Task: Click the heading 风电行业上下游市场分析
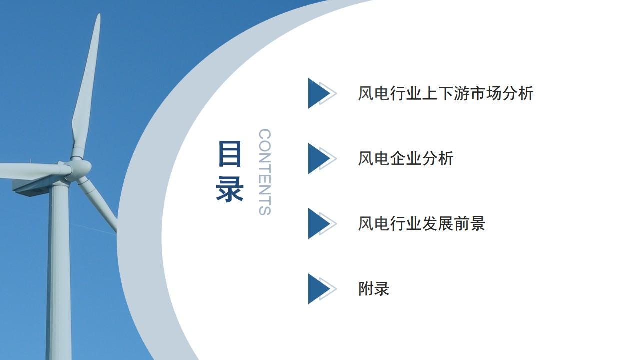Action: (x=446, y=93)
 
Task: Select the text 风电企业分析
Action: (x=406, y=158)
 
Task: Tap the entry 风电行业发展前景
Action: (x=422, y=223)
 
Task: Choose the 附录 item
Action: (x=374, y=288)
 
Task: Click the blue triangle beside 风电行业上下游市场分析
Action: (x=318, y=93)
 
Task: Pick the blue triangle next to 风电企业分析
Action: (x=318, y=158)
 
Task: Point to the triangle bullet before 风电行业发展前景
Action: (x=318, y=224)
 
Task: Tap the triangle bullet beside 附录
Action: (x=318, y=289)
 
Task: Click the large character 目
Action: (x=229, y=154)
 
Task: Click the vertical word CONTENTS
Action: (x=265, y=172)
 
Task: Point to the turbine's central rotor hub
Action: (x=80, y=167)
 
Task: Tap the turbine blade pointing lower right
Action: (x=97, y=203)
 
